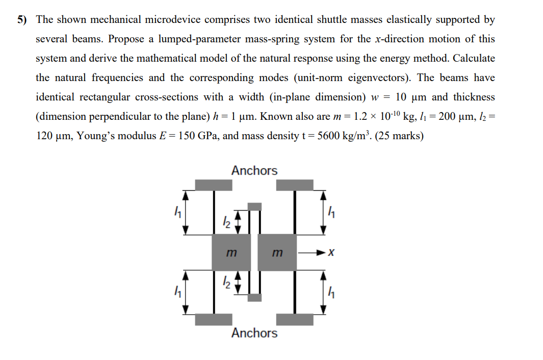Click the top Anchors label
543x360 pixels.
(254, 170)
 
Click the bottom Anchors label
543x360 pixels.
(254, 333)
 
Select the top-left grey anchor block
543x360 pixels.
(214, 185)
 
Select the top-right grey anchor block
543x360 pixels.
(295, 185)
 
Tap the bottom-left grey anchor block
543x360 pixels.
(214, 320)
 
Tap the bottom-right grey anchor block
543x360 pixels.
(295, 320)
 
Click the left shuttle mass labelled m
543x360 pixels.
(231, 252)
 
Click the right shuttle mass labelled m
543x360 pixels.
(277, 252)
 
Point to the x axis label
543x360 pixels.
(332, 253)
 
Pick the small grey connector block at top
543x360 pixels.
(254, 207)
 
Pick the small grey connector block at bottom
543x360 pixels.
(254, 297)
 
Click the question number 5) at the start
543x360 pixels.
(22, 20)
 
